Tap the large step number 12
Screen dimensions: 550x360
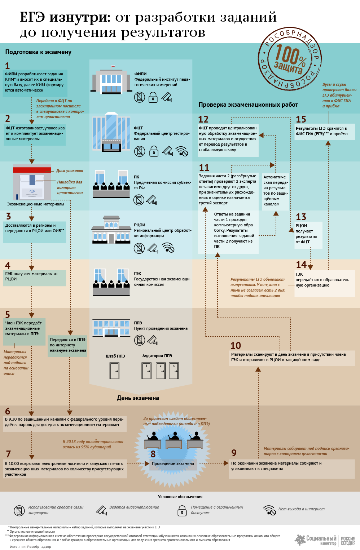203,119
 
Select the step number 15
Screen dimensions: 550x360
301,119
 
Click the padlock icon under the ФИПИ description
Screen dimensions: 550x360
153,98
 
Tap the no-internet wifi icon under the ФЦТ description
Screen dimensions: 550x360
181,151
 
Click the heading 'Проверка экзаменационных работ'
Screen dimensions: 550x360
248,105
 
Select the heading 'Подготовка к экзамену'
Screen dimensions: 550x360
38,52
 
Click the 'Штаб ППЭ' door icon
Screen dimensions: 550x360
115,371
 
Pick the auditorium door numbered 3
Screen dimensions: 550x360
174,371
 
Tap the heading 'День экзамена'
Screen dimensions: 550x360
138,398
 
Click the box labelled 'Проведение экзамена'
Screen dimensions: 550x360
173,464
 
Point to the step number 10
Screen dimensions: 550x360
236,346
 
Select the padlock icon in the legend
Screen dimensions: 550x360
182,511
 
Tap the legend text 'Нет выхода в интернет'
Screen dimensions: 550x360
301,509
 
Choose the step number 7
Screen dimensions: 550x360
8,454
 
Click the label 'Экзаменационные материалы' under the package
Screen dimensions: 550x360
36,204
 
